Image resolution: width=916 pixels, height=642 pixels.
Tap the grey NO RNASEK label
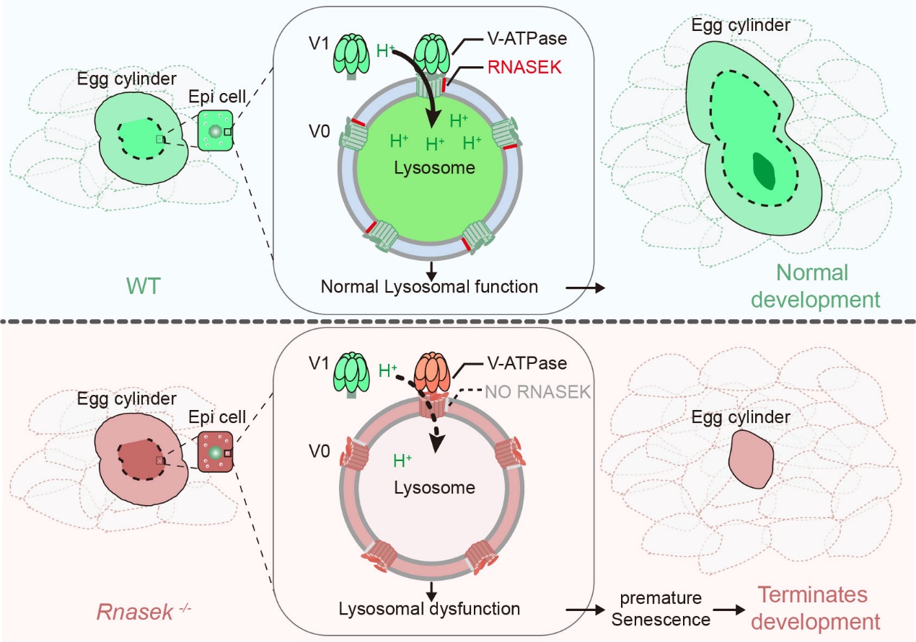[x=539, y=392]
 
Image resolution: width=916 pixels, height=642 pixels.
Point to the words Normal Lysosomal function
[x=430, y=287]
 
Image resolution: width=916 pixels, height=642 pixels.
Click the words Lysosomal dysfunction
[x=430, y=608]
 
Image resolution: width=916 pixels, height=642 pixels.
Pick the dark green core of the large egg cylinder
[x=762, y=170]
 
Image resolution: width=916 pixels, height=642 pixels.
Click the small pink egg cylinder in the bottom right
[x=751, y=459]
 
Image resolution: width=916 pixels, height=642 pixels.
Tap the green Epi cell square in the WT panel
[x=216, y=130]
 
